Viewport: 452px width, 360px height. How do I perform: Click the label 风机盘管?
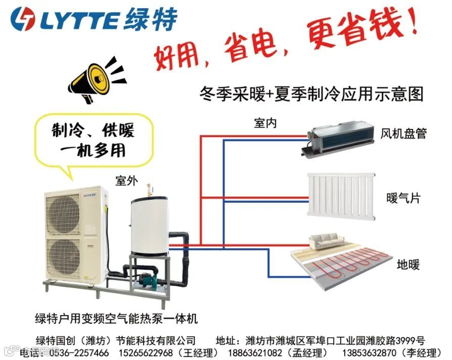point(403,133)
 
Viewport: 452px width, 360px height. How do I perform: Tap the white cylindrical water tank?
point(150,226)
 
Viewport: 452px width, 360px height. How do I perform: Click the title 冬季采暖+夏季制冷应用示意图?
point(311,94)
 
